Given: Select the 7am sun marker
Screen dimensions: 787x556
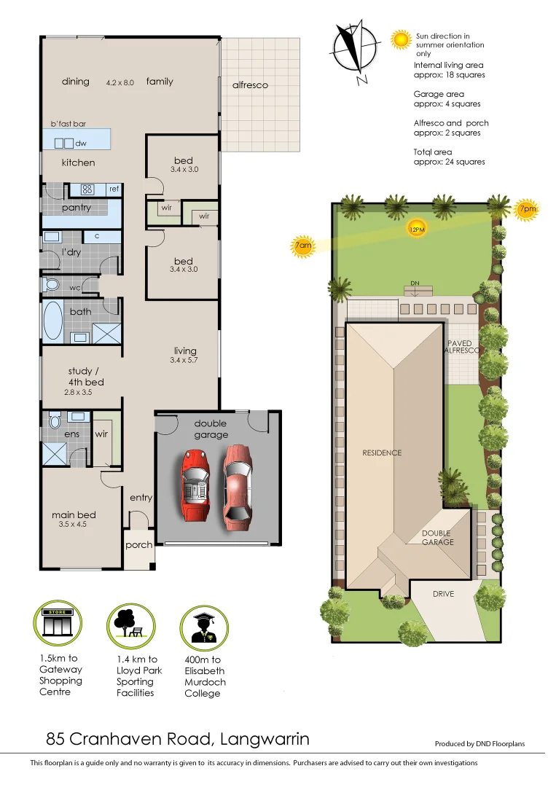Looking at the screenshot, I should (303, 247).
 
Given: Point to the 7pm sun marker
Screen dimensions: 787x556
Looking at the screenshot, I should (527, 209).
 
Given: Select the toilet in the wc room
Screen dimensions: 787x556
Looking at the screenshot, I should (52, 283).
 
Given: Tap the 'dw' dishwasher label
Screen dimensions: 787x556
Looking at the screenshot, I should (81, 144).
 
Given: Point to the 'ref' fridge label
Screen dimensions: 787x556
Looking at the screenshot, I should (114, 189).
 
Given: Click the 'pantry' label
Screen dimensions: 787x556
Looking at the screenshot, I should (77, 208).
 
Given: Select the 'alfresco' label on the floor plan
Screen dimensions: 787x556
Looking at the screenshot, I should (250, 85).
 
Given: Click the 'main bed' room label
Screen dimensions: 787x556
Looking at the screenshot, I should (74, 515).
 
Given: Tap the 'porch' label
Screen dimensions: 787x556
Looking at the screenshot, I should (138, 545).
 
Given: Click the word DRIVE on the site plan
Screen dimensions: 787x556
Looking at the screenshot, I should (443, 594).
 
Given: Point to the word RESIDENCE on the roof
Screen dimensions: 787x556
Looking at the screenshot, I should (382, 453).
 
